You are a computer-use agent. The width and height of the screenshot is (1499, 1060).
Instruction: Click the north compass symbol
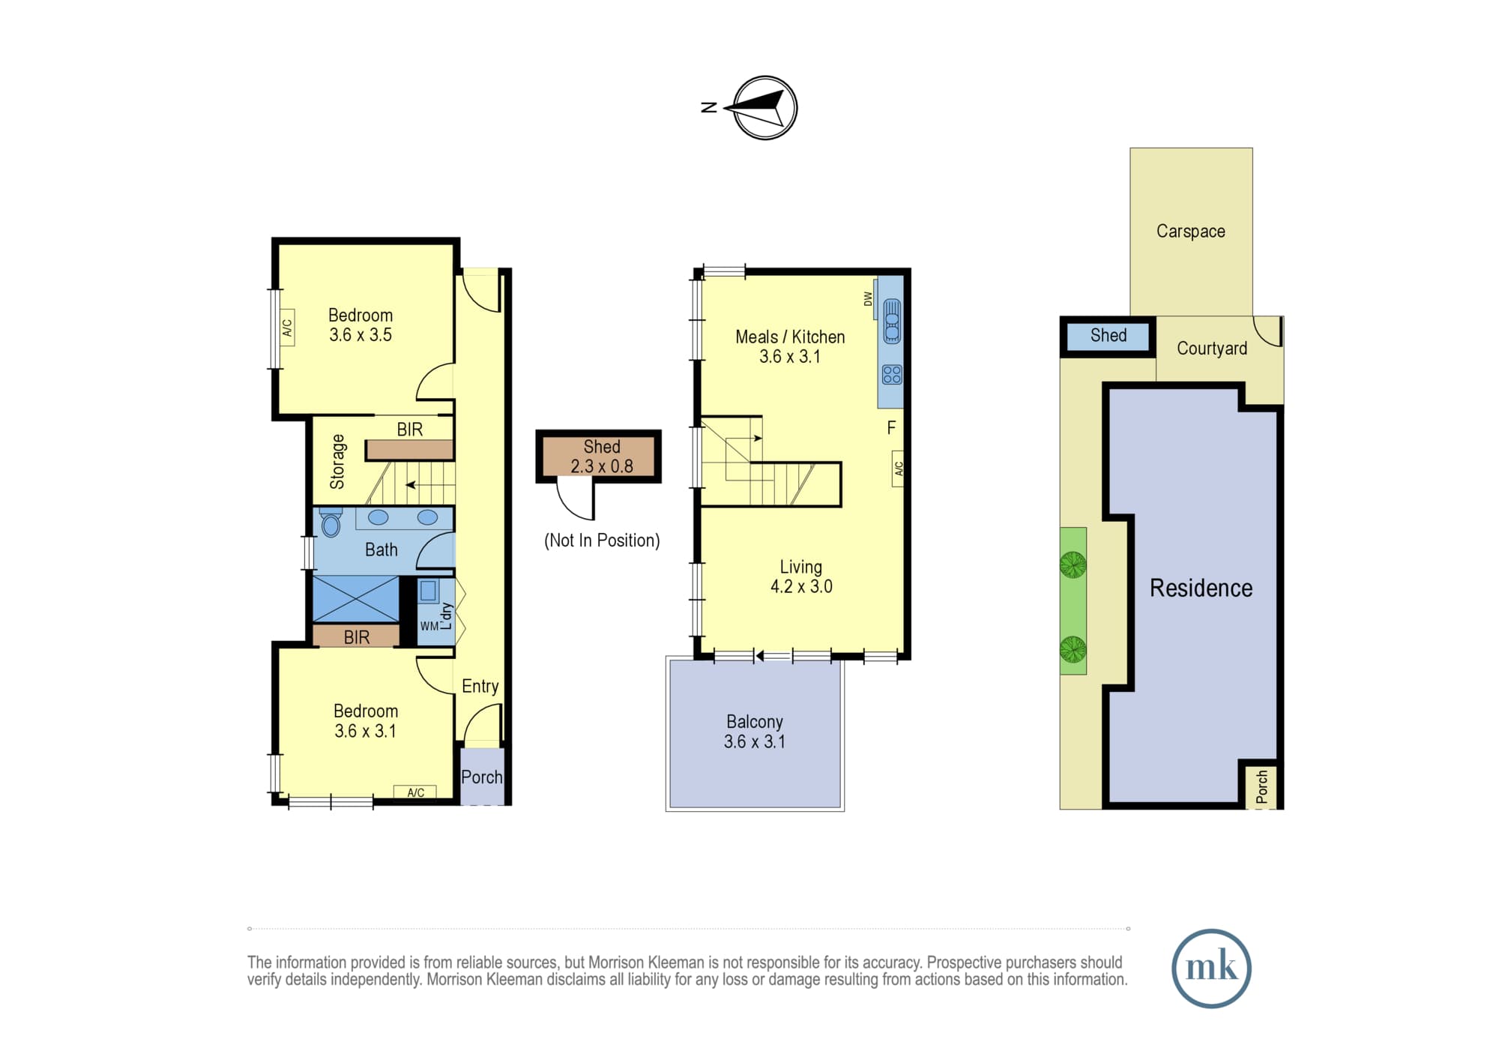click(764, 108)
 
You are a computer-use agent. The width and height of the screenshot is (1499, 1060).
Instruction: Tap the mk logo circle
click(1211, 969)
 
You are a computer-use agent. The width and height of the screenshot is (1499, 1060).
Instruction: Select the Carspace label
click(1190, 231)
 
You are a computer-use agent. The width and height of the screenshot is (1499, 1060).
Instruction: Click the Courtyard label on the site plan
click(1212, 348)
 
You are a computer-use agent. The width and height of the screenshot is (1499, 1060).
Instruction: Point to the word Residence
click(1201, 588)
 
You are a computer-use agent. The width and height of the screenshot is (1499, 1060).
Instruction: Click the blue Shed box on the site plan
click(1108, 336)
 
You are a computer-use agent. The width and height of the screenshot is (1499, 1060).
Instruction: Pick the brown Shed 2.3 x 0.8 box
click(598, 456)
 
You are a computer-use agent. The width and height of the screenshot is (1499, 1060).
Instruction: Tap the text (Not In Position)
click(602, 540)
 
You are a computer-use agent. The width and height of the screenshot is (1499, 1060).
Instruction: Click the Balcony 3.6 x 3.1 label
click(755, 731)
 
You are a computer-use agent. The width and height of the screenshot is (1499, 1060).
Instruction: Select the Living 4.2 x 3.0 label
click(801, 576)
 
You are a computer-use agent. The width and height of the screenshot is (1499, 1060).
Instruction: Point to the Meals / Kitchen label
click(790, 337)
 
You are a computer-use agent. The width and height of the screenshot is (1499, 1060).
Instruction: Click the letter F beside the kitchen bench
click(891, 427)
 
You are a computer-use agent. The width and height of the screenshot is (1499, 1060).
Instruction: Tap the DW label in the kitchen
click(869, 298)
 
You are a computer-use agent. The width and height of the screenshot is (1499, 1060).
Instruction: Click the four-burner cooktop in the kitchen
click(892, 374)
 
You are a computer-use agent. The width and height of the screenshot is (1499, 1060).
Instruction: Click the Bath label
click(381, 549)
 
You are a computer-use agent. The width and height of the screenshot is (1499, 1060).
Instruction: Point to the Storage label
click(337, 462)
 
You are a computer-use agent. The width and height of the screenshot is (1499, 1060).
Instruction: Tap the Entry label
click(480, 686)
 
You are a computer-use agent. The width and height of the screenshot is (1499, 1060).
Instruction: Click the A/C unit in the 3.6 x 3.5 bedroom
click(286, 328)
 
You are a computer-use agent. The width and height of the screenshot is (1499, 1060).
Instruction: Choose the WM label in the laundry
click(429, 626)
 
